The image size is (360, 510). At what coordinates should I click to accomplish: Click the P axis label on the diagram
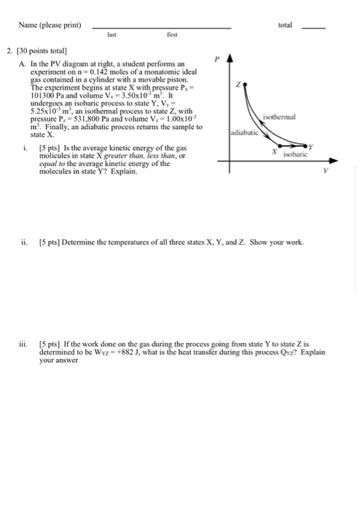click(x=216, y=58)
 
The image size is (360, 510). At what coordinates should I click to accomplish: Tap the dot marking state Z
click(x=240, y=82)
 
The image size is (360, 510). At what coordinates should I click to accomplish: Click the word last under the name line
click(x=111, y=34)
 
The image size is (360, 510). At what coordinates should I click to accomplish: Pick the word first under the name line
click(x=172, y=34)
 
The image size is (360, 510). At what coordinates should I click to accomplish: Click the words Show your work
click(x=273, y=242)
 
